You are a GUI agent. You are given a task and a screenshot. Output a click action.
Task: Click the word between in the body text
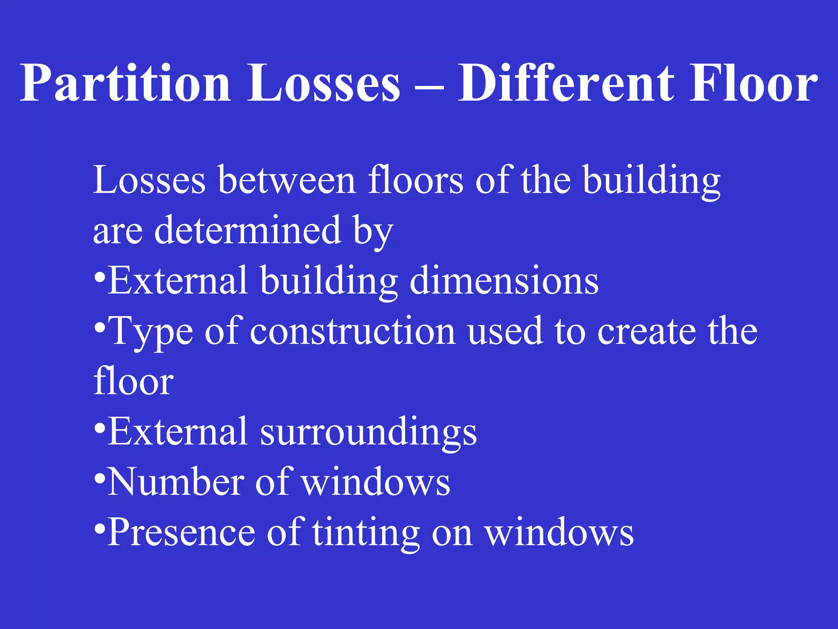pyautogui.click(x=287, y=180)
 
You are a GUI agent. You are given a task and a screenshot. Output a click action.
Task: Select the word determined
pyautogui.click(x=248, y=230)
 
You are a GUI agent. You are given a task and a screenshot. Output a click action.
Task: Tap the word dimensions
pyautogui.click(x=504, y=281)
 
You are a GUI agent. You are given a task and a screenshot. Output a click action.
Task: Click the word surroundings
pyautogui.click(x=368, y=433)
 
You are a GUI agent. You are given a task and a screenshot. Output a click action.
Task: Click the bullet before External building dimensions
pyautogui.click(x=99, y=278)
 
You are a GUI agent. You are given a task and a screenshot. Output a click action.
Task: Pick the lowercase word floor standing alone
pyautogui.click(x=133, y=381)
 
